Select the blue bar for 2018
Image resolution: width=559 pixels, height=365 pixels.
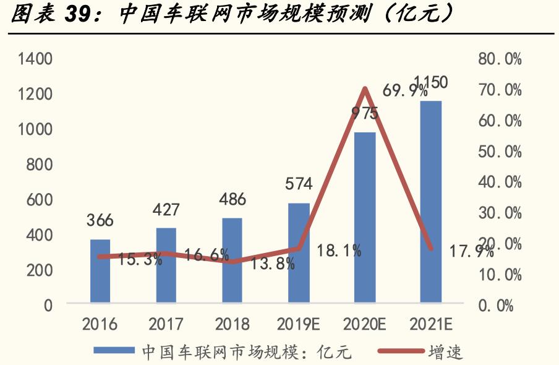[232, 260]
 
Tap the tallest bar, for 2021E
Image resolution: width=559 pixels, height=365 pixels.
[430, 202]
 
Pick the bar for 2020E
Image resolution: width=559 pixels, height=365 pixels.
[365, 217]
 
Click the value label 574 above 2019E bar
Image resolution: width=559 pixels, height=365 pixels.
[299, 184]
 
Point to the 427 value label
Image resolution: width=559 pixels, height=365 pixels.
[166, 209]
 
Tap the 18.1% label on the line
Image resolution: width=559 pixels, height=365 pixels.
[339, 251]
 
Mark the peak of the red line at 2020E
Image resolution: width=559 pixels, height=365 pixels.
[365, 90]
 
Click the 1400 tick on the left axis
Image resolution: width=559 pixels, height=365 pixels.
[35, 59]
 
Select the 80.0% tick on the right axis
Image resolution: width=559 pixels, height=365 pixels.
[500, 59]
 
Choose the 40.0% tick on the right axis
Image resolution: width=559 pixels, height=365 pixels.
[500, 182]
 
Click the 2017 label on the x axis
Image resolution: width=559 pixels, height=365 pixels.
[166, 324]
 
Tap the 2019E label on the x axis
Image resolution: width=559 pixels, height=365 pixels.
[299, 324]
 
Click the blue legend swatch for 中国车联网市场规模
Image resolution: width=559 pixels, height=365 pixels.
[114, 351]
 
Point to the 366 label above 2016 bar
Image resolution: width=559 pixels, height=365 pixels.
[100, 221]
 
